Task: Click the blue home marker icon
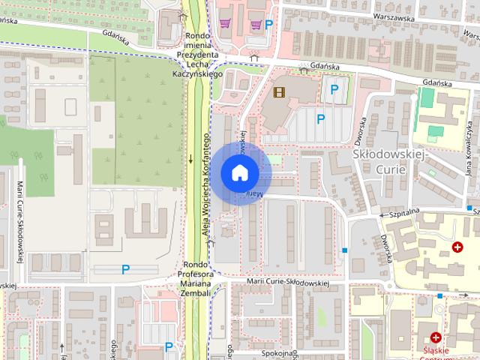pyautogui.click(x=240, y=172)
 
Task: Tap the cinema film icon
pyautogui.click(x=279, y=92)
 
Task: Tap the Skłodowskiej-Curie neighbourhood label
pyautogui.click(x=388, y=161)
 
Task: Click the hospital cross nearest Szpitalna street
pyautogui.click(x=457, y=247)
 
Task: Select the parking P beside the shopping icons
pyautogui.click(x=268, y=24)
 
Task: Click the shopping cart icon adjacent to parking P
pyautogui.click(x=256, y=24)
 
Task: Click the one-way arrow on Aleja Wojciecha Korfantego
pyautogui.click(x=190, y=158)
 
